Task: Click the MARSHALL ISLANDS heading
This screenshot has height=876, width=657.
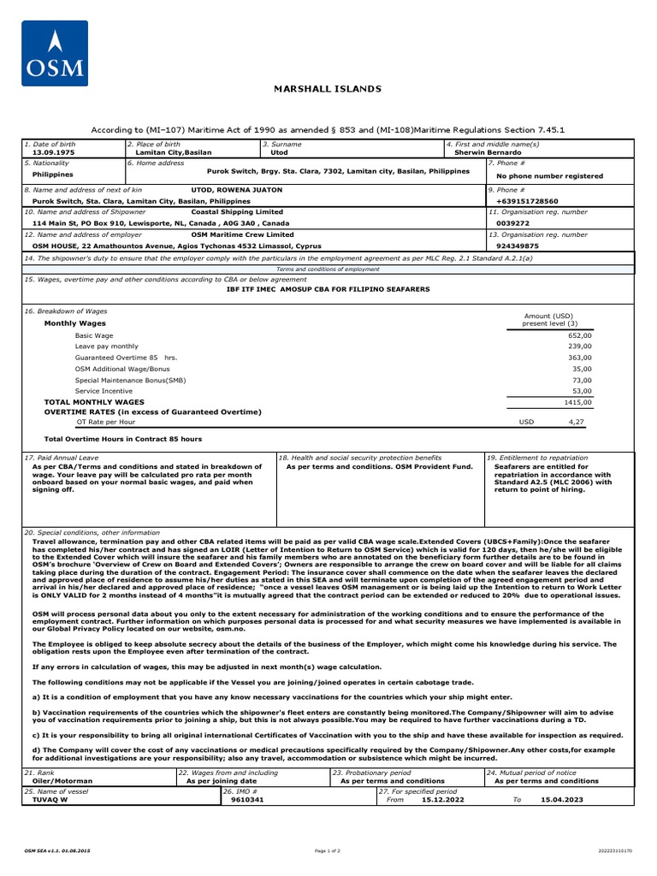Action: (328, 89)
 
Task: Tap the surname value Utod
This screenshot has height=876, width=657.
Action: (279, 152)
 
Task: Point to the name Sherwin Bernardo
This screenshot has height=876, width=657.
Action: (486, 152)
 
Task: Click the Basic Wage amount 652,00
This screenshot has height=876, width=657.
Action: (579, 336)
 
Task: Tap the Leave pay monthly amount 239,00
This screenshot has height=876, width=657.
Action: (579, 346)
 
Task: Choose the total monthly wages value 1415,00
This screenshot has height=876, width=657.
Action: (577, 401)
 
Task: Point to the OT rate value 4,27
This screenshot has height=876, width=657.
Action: (577, 422)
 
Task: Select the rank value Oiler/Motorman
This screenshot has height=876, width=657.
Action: (62, 781)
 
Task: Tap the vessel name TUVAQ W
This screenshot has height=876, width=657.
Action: (49, 800)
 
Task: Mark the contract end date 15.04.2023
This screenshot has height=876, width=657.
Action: (562, 800)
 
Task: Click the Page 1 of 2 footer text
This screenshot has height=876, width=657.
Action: (328, 851)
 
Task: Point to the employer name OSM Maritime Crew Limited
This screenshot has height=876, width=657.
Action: (242, 234)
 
